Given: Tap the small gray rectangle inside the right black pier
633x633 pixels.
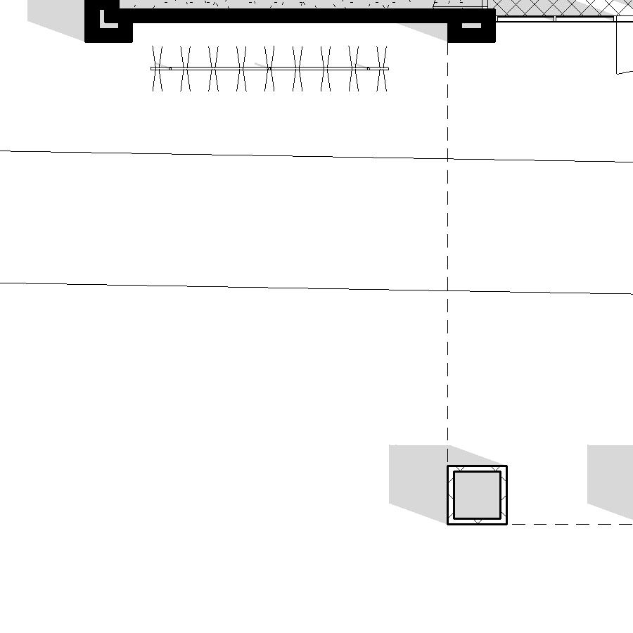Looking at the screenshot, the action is pos(471,26).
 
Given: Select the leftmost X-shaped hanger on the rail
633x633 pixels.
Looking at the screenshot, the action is pos(157,68).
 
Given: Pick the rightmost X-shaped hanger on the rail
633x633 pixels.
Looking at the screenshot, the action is pos(382,68).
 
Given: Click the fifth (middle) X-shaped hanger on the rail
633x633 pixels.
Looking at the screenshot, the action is pos(269,68).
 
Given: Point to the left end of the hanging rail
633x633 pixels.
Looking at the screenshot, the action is pos(152,68).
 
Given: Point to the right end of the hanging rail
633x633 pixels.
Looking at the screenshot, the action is pos(388,68).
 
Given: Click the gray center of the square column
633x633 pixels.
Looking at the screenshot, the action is pos(477,495).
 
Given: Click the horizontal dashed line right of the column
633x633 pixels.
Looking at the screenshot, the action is pos(570,524).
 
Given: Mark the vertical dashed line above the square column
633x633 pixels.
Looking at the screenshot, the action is pos(448,352).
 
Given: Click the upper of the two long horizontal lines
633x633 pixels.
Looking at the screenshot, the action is pos(211,154).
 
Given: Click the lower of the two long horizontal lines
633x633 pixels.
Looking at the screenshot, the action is pos(211,286).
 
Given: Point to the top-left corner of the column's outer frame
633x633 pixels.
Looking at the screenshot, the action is pos(448,466).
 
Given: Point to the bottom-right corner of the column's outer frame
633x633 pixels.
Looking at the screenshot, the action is pos(506,524).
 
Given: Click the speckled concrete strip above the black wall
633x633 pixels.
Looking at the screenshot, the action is pos(281,4).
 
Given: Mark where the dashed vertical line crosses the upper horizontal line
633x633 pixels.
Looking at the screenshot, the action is pos(448,159).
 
